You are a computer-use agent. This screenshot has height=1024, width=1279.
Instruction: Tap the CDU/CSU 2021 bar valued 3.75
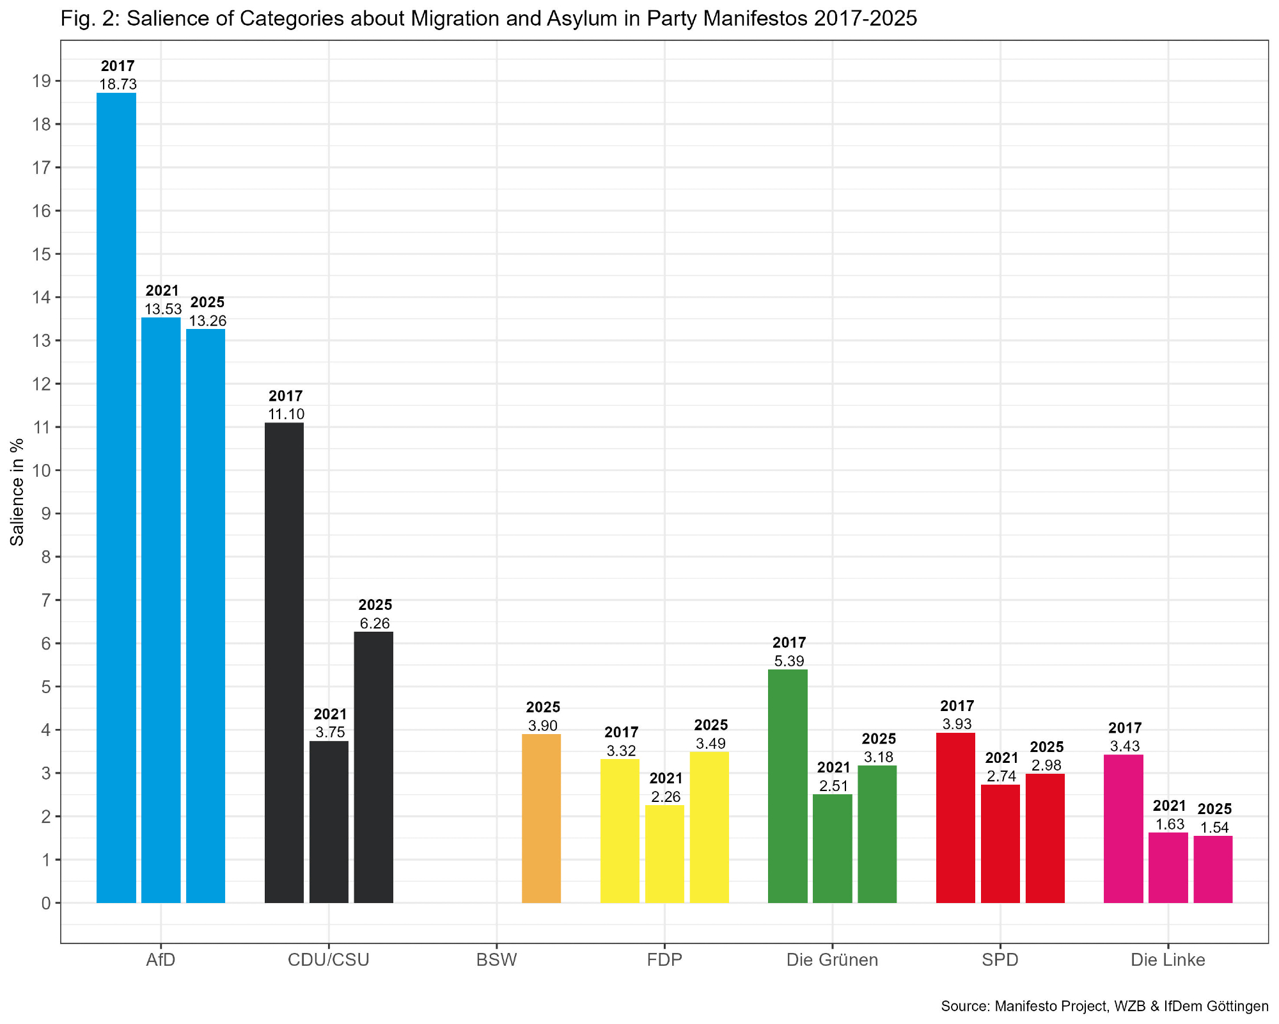tap(329, 822)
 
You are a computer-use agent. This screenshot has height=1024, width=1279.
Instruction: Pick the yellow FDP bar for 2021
tap(664, 854)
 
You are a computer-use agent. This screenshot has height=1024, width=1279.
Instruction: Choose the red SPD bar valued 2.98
tap(1045, 838)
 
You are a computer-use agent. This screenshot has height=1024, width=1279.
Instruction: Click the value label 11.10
tap(285, 414)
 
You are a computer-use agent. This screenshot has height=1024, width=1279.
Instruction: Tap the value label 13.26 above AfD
tap(207, 321)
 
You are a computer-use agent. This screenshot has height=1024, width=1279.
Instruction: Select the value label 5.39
tap(789, 661)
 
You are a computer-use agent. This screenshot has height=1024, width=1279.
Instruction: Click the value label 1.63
tap(1169, 824)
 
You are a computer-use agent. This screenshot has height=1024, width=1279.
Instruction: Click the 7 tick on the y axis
tap(45, 600)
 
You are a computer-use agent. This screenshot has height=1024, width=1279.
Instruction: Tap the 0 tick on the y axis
tap(45, 903)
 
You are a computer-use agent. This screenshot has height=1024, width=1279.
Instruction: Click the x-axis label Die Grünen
tap(832, 960)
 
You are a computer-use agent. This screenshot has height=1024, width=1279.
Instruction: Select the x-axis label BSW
tap(496, 960)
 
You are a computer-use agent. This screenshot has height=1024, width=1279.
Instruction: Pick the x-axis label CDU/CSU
tap(329, 960)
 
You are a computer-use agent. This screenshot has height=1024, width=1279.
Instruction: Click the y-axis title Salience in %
tap(17, 492)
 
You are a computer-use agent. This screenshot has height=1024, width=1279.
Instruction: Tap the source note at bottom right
tap(1104, 1006)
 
